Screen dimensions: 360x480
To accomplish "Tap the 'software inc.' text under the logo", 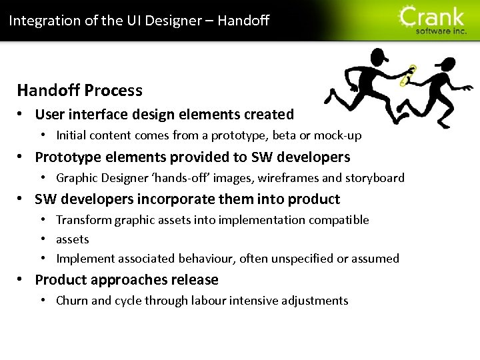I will click(441, 31).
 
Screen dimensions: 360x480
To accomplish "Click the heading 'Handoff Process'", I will click(79, 90).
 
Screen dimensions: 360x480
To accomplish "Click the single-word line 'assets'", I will click(72, 239).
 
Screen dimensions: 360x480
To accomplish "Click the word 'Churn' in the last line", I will click(72, 301).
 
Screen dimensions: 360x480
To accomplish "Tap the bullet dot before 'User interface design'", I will click(22, 115).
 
